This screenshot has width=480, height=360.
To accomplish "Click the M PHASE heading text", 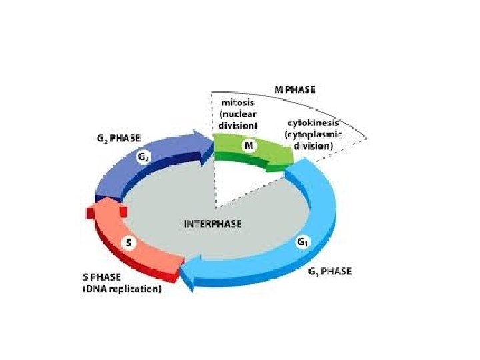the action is tap(295, 89).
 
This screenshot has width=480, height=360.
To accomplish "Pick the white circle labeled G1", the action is tap(303, 244).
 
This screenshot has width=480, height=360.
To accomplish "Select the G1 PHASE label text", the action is tap(331, 271).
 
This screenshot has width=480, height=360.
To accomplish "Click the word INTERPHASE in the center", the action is tap(213, 223).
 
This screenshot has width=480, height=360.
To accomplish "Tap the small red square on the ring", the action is tap(123, 211).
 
